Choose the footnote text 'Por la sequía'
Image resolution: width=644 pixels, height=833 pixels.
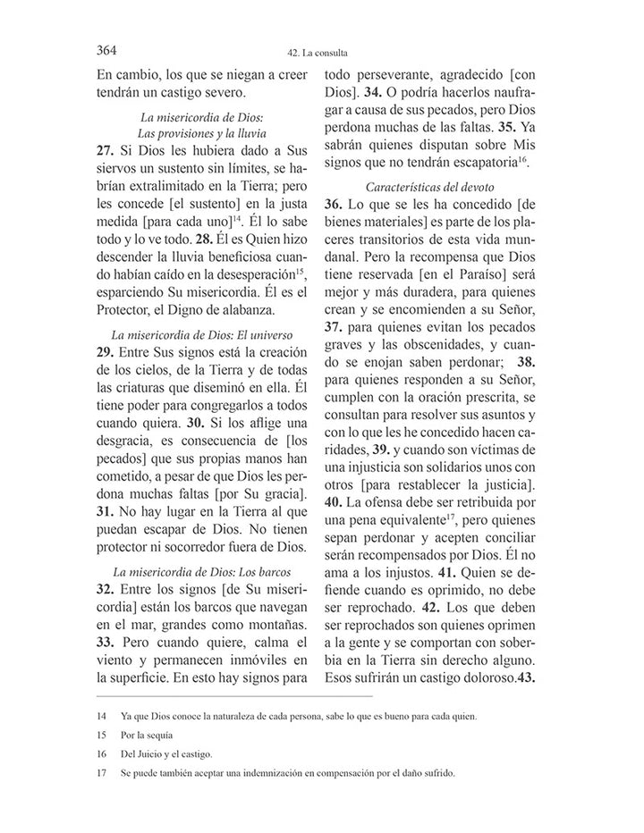[148, 736]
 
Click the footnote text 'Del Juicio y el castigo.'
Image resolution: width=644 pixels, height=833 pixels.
[167, 755]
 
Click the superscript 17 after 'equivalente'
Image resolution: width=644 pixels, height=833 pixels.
[453, 515]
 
